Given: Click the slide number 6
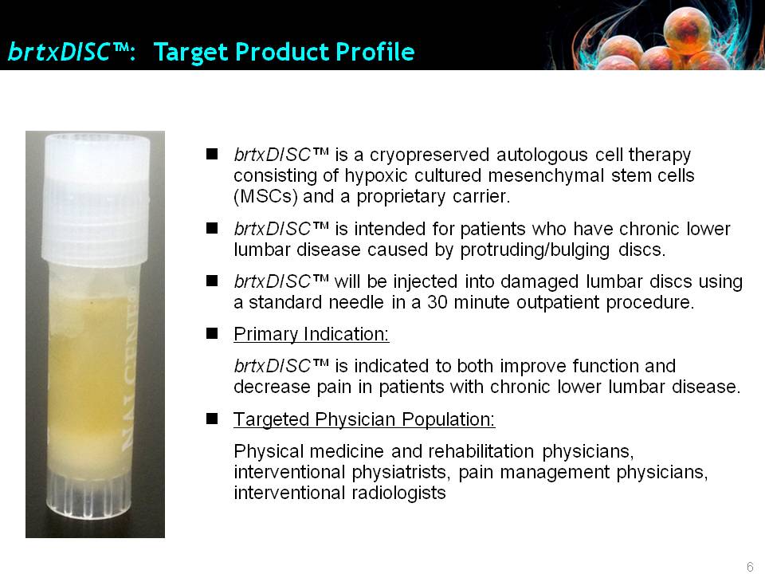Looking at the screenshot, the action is tap(750, 567).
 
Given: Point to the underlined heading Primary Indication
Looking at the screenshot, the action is tap(312, 334).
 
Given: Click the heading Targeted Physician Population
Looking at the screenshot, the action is tap(364, 419).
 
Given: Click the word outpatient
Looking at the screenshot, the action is tap(558, 303).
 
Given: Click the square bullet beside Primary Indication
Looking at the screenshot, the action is tap(212, 333).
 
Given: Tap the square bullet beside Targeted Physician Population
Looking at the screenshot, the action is tap(212, 419).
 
